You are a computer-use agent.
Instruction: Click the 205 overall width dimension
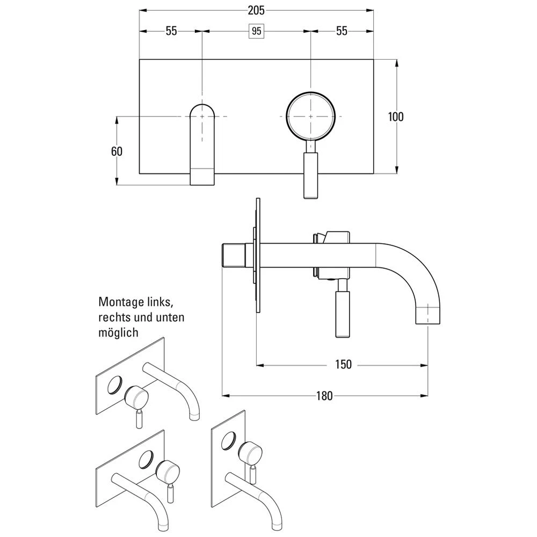[x=257, y=10]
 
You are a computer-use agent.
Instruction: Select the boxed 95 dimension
[x=257, y=31]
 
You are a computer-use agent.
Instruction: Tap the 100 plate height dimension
[x=396, y=117]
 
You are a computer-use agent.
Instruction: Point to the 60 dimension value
[x=117, y=151]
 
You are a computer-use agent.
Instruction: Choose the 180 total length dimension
[x=324, y=396]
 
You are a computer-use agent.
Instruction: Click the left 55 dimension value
[x=171, y=31]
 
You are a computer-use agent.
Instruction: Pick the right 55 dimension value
[x=342, y=31]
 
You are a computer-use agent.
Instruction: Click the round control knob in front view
[x=311, y=116]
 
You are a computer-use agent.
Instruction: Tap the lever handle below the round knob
[x=311, y=175]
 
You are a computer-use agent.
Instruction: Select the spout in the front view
[x=202, y=145]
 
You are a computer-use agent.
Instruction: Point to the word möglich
[x=118, y=332]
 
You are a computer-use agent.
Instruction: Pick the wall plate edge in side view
[x=258, y=255]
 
